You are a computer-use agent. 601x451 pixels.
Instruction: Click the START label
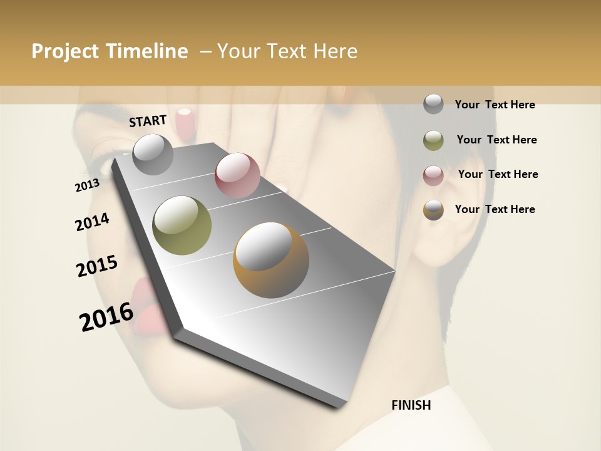coord(148,121)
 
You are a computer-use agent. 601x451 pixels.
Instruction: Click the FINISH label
coord(411,405)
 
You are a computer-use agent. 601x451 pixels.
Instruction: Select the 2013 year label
coord(87,185)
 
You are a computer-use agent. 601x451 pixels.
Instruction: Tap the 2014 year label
coord(92,222)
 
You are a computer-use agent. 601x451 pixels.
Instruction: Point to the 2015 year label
coord(97,266)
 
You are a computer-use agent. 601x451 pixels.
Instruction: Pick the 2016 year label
coord(106,316)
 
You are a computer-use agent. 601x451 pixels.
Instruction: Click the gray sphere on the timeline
coord(153,154)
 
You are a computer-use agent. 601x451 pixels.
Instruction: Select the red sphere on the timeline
coord(237,175)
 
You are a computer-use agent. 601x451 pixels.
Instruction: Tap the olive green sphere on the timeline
coord(182,225)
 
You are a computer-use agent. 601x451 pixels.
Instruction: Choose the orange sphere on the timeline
coord(271,259)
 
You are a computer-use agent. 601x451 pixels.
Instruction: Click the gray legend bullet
coord(433,104)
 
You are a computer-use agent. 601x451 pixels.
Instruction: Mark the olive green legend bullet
coord(433,140)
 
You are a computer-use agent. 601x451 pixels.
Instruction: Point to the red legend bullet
coord(433,175)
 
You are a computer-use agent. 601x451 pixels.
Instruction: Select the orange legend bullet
coord(433,210)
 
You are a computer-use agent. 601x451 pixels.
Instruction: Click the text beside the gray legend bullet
coord(495,105)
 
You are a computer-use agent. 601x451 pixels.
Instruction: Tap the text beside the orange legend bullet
coord(495,209)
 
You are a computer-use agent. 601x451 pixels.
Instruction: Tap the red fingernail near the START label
coord(184,123)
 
